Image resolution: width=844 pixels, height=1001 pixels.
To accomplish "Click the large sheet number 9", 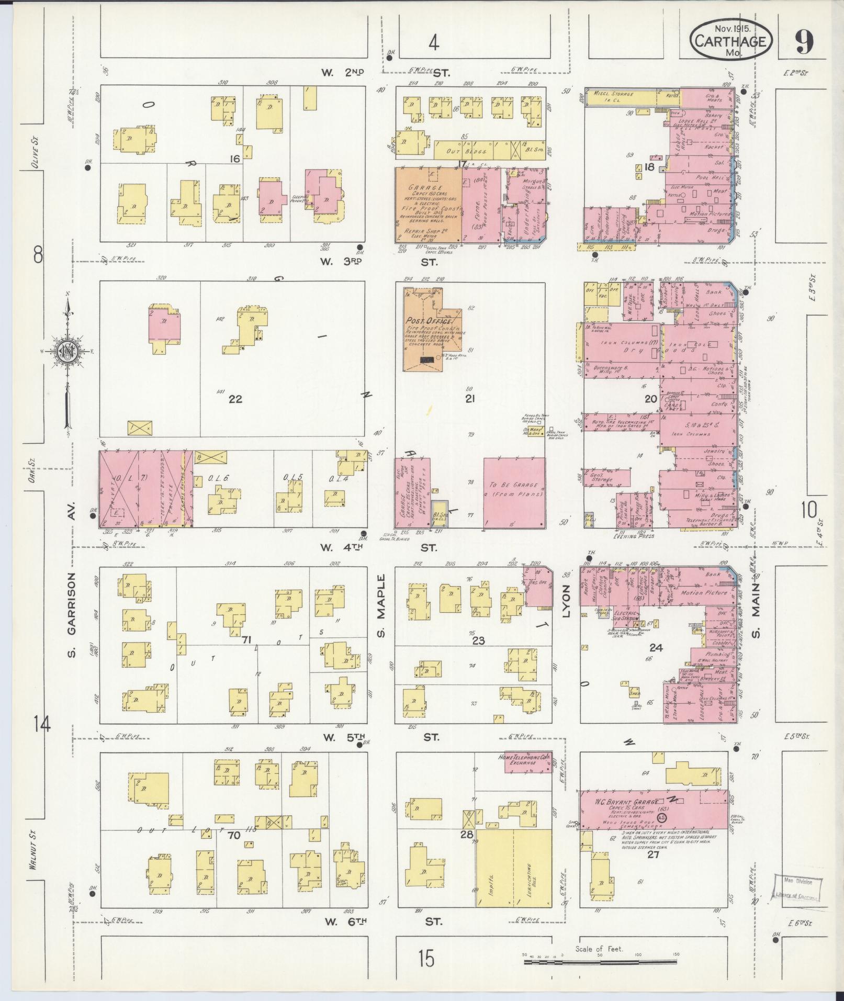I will (804, 42).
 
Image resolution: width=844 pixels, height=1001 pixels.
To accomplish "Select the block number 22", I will (235, 399).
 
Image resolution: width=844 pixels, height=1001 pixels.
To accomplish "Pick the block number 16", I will (234, 158).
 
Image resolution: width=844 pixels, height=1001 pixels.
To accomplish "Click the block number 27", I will (652, 854).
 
